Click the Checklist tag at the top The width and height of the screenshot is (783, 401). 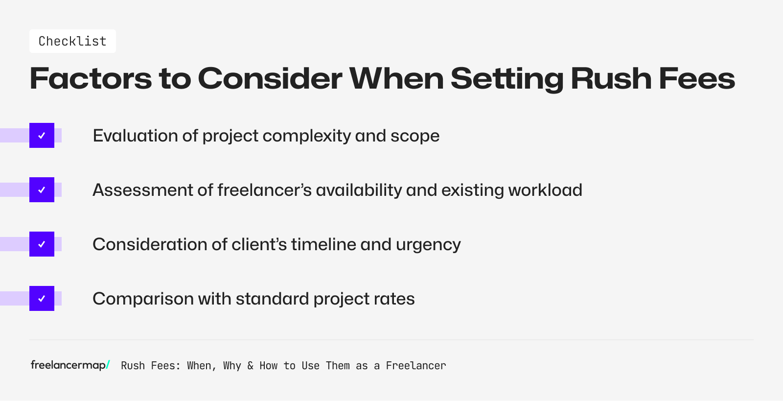pyautogui.click(x=72, y=41)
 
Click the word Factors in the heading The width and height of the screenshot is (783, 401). pyautogui.click(x=91, y=78)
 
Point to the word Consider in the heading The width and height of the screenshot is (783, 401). pyautogui.click(x=270, y=78)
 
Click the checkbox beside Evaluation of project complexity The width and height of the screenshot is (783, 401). pyautogui.click(x=42, y=136)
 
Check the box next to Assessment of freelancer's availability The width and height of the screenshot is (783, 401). pyautogui.click(x=42, y=190)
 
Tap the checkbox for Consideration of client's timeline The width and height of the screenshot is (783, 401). pyautogui.click(x=42, y=244)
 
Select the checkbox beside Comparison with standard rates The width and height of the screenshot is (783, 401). pyautogui.click(x=42, y=299)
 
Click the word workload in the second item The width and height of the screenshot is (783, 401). pyautogui.click(x=545, y=190)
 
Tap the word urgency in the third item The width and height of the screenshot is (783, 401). pyautogui.click(x=428, y=245)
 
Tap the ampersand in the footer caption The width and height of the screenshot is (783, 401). pyautogui.click(x=250, y=366)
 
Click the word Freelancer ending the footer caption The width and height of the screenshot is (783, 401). pyautogui.click(x=415, y=366)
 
